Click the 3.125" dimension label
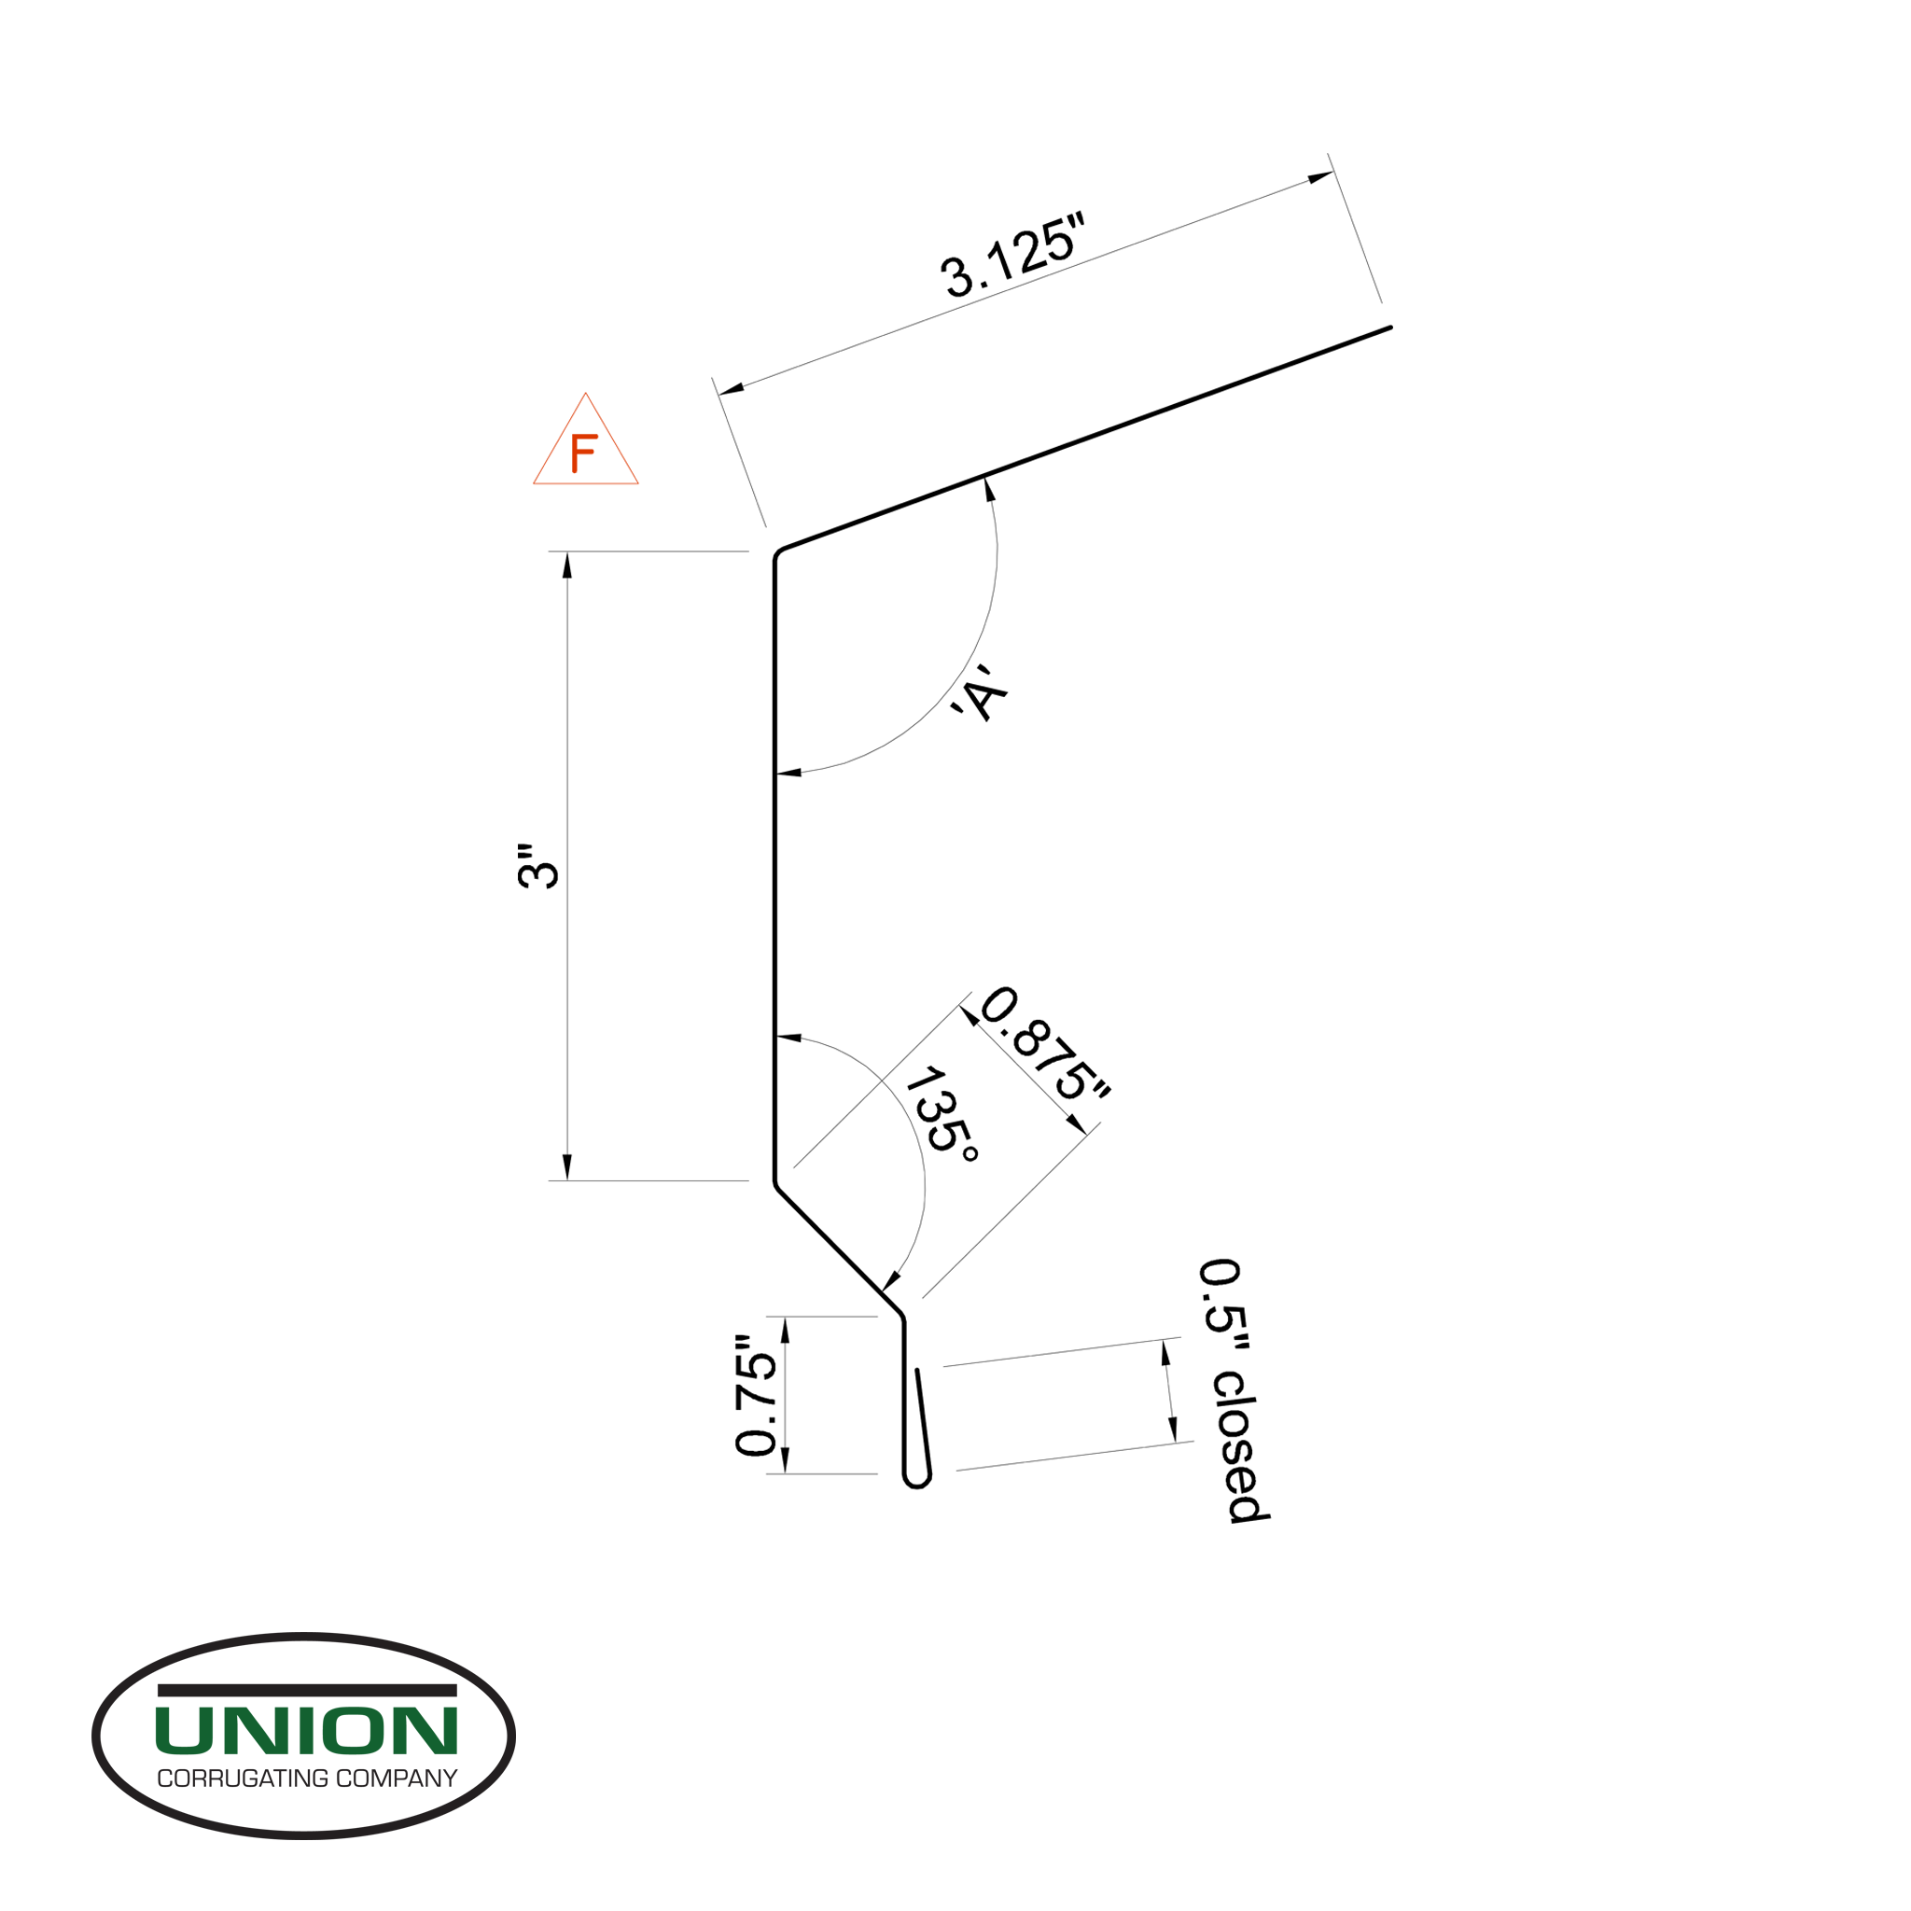tap(1011, 260)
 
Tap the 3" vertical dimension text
tap(539, 866)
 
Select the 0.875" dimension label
tap(1044, 1042)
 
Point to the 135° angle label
tap(942, 1114)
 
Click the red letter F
tap(583, 454)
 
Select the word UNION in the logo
tap(306, 1730)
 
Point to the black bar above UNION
tap(307, 1691)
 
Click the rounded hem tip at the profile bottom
tap(917, 1481)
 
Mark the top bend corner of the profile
tap(777, 553)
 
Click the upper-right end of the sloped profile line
tap(1388, 328)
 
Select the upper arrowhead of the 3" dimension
tap(566, 564)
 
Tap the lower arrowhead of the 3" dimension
tap(566, 1167)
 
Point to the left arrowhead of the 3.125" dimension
tap(731, 388)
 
